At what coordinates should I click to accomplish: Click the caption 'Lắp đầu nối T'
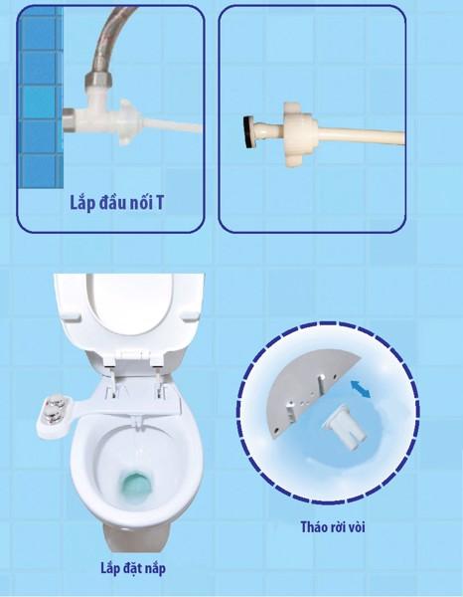click(116, 203)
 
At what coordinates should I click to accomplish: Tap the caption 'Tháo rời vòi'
click(333, 527)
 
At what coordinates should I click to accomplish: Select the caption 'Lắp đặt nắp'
click(133, 568)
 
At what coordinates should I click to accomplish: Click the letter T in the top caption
click(159, 203)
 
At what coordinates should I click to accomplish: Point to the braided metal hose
click(110, 42)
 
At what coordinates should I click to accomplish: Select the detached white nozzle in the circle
click(344, 428)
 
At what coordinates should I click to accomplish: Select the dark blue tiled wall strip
click(41, 98)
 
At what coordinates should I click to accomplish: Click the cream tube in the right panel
click(361, 136)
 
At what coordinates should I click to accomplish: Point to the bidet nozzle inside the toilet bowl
click(137, 421)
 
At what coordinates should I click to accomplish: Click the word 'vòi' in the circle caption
click(356, 527)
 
